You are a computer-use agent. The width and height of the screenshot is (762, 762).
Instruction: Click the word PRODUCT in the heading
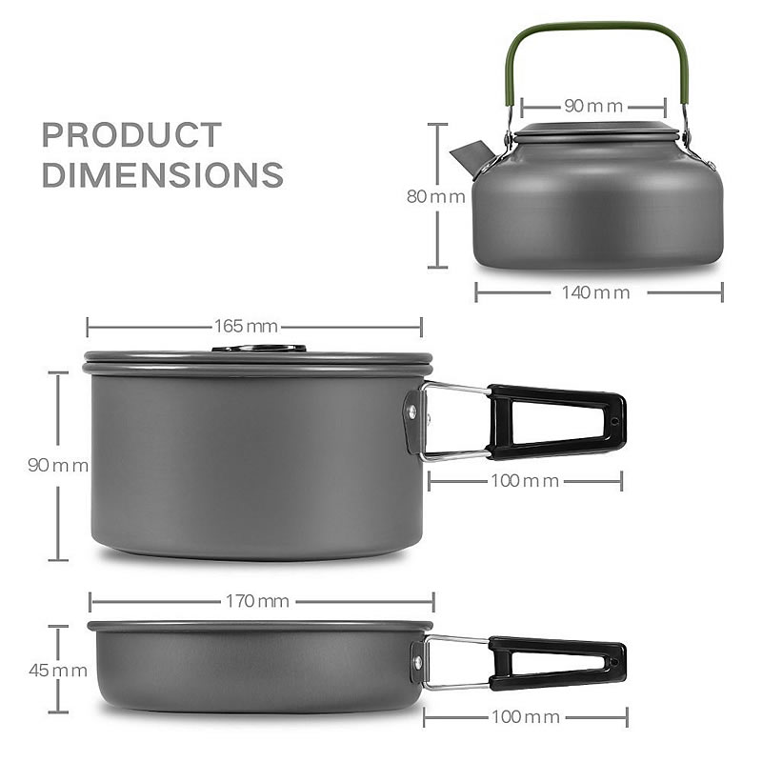(x=131, y=135)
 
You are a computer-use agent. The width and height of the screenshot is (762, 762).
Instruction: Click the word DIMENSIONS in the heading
(x=162, y=175)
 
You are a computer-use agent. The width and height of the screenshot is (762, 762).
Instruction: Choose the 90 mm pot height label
(x=58, y=466)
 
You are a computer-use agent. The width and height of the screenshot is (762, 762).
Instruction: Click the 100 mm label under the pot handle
(x=525, y=481)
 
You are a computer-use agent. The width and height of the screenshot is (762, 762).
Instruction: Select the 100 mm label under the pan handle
(x=525, y=716)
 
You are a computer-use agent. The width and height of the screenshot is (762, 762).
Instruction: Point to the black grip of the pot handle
(x=556, y=421)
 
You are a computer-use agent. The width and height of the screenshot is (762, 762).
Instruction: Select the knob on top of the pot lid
(x=259, y=349)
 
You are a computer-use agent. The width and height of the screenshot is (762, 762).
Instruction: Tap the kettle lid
(x=597, y=130)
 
